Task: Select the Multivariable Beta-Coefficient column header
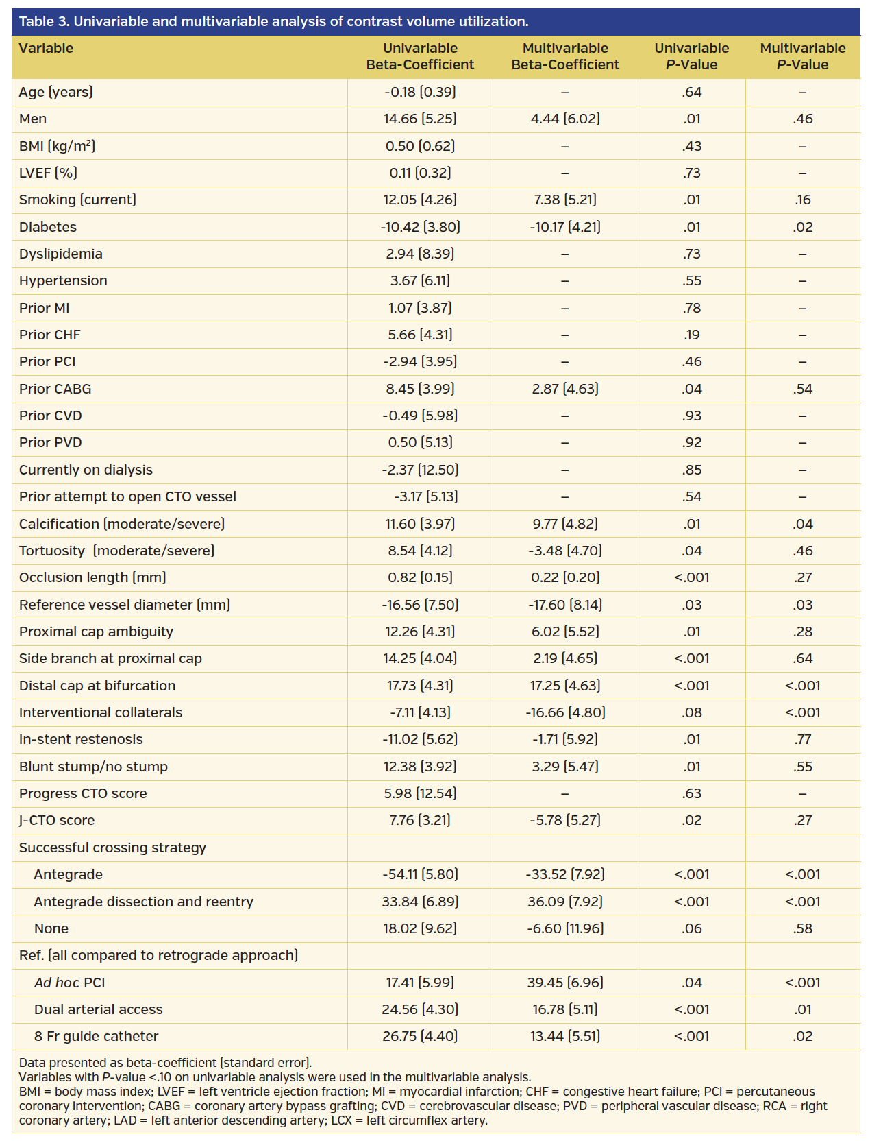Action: point(565,56)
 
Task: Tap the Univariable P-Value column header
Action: point(691,56)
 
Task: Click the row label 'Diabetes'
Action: point(48,227)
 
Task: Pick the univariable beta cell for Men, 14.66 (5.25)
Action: point(420,119)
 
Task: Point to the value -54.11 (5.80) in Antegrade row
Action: point(420,874)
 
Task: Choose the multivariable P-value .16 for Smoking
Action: point(803,200)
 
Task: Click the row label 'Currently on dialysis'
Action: point(86,470)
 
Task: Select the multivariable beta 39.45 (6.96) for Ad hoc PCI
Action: point(565,983)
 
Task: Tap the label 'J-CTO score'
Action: point(57,820)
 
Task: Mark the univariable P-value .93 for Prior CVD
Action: point(691,416)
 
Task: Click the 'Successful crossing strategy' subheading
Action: point(112,848)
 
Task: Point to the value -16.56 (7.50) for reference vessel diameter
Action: point(420,605)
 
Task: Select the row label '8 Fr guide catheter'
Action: point(96,1036)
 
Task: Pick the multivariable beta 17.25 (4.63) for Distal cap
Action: point(565,686)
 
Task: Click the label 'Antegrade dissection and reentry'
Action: point(143,902)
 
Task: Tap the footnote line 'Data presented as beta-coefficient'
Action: point(165,1063)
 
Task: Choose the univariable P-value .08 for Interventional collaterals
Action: point(691,712)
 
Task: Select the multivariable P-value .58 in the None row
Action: point(803,928)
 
